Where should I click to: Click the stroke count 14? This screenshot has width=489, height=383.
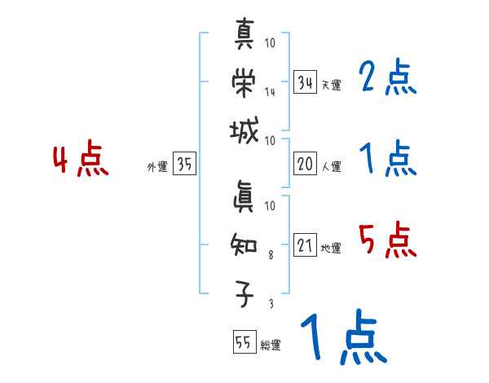click(270, 91)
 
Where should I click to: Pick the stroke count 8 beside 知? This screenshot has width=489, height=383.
click(271, 254)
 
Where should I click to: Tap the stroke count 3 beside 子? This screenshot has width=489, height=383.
click(271, 303)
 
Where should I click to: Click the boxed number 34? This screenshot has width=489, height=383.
click(305, 83)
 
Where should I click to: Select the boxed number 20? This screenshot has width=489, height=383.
click(305, 164)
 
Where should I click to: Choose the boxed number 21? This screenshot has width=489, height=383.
click(305, 245)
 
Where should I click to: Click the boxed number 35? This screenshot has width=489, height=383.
click(184, 165)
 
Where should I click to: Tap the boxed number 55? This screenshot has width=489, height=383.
click(243, 343)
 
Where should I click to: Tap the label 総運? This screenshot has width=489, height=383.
click(270, 346)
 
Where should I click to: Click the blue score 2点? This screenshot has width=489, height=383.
click(387, 79)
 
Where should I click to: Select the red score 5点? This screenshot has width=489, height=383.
click(387, 241)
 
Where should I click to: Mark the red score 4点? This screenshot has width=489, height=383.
click(81, 161)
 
